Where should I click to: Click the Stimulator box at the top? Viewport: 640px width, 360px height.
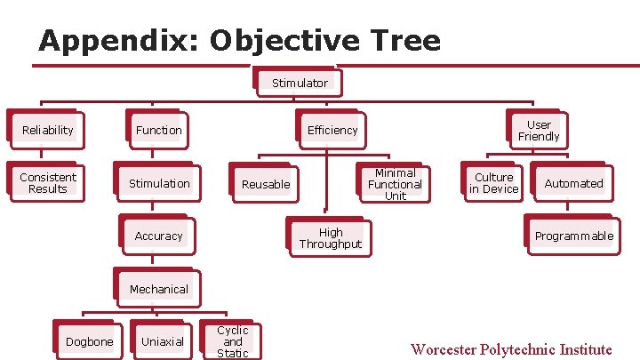point(300,83)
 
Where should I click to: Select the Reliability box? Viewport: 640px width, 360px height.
point(48,130)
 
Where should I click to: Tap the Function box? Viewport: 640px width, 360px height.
point(159,130)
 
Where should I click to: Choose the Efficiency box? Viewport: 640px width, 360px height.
point(332,130)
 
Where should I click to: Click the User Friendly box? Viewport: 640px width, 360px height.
point(539,131)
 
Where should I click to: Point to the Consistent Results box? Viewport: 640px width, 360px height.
point(48,183)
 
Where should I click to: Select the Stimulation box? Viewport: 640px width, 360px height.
point(159,183)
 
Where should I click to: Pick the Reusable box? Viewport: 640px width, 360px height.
point(266,184)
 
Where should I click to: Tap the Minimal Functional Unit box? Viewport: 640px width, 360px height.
point(395,184)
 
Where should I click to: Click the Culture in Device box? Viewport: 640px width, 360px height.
point(493,183)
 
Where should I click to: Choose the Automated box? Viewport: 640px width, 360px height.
point(573,183)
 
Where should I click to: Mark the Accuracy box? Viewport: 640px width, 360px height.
point(158,236)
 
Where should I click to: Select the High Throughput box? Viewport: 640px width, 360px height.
point(331,238)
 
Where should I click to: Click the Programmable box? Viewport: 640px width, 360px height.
point(573,236)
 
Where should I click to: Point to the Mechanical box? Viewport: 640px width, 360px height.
point(159,289)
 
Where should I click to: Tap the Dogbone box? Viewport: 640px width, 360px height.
point(90,341)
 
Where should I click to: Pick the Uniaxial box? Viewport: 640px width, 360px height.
point(163,341)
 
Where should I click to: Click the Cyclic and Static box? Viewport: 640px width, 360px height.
point(233,341)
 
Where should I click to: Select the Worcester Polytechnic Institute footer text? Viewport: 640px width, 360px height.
point(511,349)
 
